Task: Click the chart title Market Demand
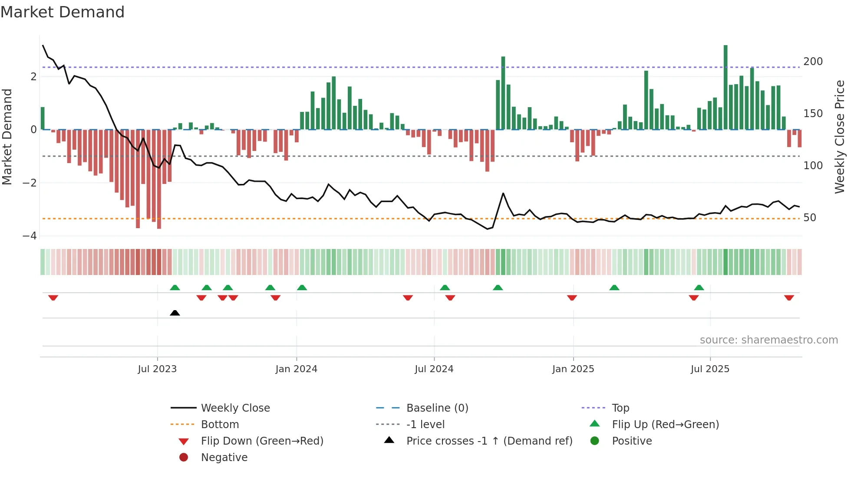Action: click(x=63, y=12)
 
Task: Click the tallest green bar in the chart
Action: click(x=726, y=87)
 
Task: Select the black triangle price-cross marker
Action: click(x=175, y=313)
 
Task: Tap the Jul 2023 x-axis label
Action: click(x=157, y=369)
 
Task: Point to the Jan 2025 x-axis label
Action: click(x=573, y=369)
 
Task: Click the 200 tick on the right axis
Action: click(x=813, y=62)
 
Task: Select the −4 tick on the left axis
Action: click(x=30, y=236)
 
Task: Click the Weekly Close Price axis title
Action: click(x=840, y=137)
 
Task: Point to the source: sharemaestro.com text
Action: click(x=769, y=340)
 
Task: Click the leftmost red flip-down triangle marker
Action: click(x=53, y=298)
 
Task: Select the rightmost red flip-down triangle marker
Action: click(x=789, y=298)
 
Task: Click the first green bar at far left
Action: click(x=43, y=118)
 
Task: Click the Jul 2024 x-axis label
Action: click(x=434, y=369)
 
